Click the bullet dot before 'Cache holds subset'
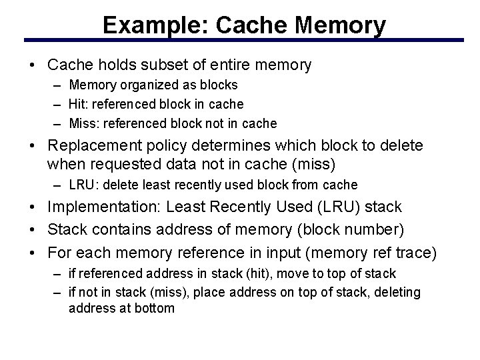(32, 65)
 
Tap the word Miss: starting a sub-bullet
(83, 123)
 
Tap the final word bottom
(155, 308)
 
